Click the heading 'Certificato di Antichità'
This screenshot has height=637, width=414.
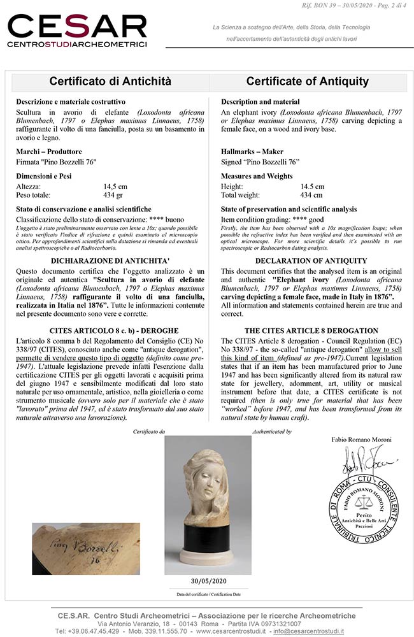(111, 82)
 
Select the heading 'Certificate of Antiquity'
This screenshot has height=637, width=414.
(307, 82)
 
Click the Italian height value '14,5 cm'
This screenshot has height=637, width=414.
(115, 187)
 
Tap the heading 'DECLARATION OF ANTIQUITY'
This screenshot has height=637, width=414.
(311, 261)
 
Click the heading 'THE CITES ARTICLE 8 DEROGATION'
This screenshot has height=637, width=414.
(311, 331)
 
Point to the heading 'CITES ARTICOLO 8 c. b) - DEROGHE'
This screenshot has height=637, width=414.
(110, 331)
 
